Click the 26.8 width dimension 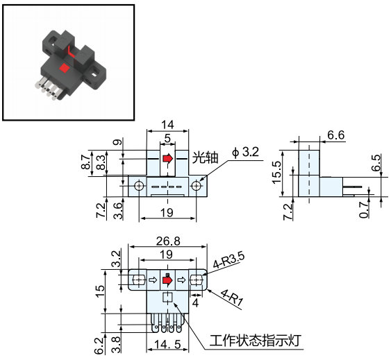coord(168,241)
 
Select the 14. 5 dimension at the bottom coord(167,345)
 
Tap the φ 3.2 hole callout coord(245,152)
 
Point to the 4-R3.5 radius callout coord(228,260)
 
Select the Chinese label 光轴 coord(205,157)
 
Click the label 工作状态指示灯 coord(255,341)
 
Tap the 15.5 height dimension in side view coord(277,173)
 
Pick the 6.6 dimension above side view coord(335,135)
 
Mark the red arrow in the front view coord(168,158)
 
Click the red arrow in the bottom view coord(167,280)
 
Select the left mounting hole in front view coord(139,186)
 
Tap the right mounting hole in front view coord(197,186)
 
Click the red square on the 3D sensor coord(65,68)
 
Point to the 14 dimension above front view coord(167,124)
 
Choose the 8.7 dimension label coord(85,162)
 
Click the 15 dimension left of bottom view coord(100,291)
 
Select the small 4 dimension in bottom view coord(196,302)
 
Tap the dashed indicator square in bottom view coord(167,297)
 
